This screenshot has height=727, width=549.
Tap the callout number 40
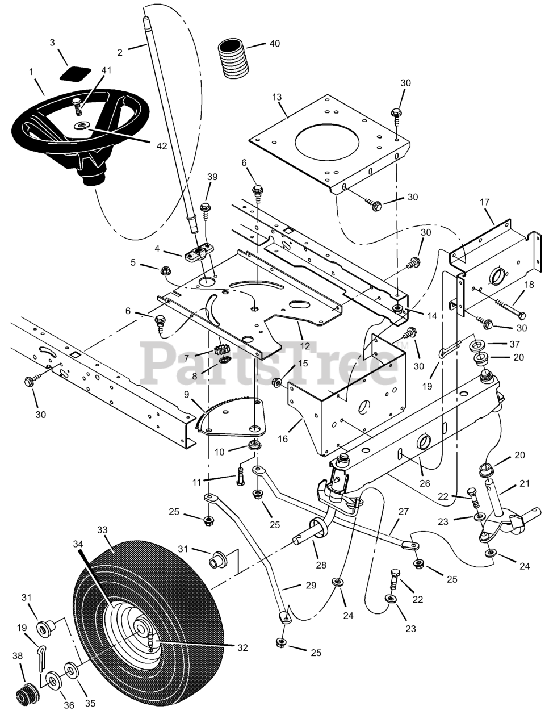point(275,44)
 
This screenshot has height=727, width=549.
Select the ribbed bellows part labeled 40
point(234,59)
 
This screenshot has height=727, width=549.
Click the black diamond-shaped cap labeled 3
point(75,73)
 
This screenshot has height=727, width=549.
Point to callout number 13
point(276,97)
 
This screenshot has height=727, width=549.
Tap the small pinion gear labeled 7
point(220,350)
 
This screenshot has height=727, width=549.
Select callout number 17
point(484,202)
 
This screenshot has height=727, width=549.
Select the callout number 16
point(283,439)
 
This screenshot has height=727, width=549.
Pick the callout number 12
point(305,346)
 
